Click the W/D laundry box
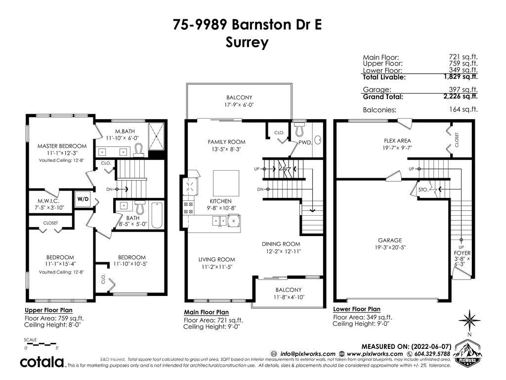[83, 199]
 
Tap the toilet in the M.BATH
[139, 151]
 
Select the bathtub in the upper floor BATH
[157, 215]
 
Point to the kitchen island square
[226, 183]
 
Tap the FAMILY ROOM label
[226, 142]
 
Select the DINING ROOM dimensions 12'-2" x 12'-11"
[281, 251]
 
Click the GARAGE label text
[390, 240]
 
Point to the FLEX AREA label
[397, 141]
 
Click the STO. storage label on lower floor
[423, 190]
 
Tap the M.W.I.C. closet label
[48, 201]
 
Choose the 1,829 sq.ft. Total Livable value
[461, 77]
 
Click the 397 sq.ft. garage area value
[463, 90]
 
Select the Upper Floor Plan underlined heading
[49, 310]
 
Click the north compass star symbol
[469, 320]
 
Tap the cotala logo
[42, 362]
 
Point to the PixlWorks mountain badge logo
[467, 353]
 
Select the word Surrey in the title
[247, 43]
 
